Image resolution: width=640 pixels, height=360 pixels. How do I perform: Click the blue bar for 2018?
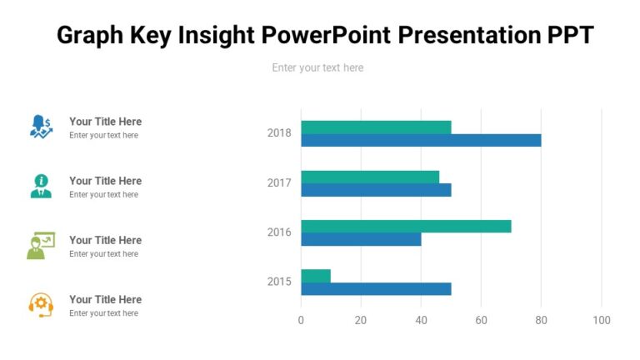point(421,140)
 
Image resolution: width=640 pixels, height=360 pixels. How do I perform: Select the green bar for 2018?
point(376,127)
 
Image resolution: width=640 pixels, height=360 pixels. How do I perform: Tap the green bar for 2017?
point(370,177)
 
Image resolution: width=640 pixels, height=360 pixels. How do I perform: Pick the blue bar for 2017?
point(376,190)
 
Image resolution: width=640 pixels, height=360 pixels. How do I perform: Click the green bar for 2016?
point(406,226)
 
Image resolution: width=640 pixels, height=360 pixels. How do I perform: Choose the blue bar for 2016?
point(361,239)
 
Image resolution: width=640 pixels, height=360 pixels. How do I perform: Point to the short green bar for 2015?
point(316,276)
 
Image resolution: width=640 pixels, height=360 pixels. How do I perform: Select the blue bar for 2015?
point(376,289)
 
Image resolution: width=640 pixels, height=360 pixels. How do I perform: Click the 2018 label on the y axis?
point(279,133)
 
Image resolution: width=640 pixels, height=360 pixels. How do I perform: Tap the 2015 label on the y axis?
point(279,282)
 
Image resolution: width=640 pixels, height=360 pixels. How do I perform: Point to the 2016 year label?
point(279,232)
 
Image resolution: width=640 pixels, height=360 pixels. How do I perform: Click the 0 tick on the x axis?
point(301,320)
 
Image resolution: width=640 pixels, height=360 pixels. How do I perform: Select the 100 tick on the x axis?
point(601,320)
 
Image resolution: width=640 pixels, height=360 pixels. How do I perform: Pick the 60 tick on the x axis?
point(481,320)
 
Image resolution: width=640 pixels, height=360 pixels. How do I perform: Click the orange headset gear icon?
point(41,305)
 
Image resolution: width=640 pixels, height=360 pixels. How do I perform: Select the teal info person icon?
point(41,186)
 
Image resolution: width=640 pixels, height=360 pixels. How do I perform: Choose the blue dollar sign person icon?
point(41,127)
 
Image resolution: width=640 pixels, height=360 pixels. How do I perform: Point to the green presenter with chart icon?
point(41,246)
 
